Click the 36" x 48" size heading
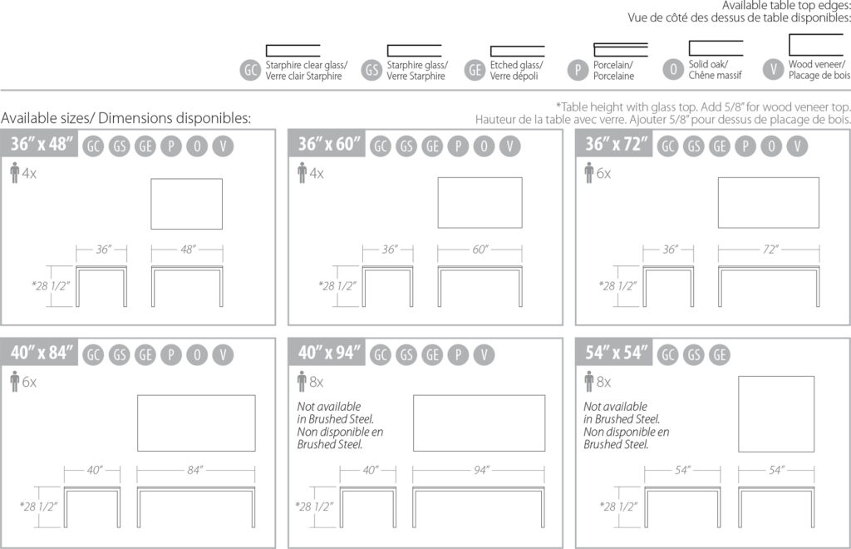tap(42, 144)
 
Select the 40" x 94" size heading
tap(329, 353)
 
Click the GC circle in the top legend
tap(250, 70)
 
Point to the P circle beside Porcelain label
tap(578, 70)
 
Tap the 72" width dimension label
tap(770, 250)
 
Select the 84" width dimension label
tap(194, 470)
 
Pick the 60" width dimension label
tap(480, 250)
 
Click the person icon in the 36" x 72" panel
tap(589, 173)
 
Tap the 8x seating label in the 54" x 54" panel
tap(603, 383)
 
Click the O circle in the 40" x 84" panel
tap(197, 354)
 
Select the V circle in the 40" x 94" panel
tap(485, 354)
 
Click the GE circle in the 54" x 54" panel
tap(720, 354)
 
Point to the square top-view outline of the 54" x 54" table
tap(739, 413)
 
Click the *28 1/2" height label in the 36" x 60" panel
tap(337, 286)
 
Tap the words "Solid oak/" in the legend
tap(708, 64)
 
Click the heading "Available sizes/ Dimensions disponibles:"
tap(126, 118)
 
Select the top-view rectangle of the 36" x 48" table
tap(151, 204)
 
